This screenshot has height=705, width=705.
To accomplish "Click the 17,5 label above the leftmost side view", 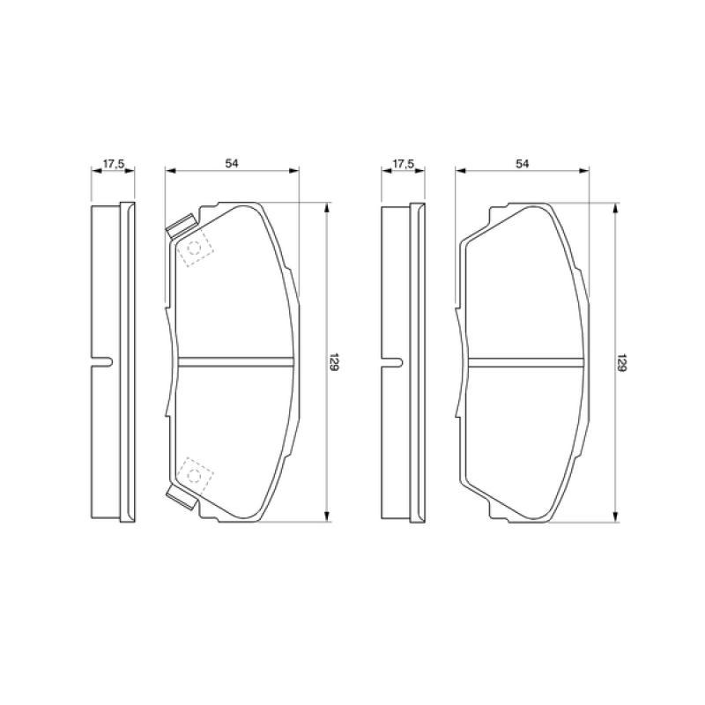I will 114,164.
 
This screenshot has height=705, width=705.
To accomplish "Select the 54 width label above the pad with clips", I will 232,164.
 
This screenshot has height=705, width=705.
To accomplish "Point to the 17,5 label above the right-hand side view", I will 403,164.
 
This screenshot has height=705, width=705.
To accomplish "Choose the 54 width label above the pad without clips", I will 522,164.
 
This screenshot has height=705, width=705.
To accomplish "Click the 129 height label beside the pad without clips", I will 623,362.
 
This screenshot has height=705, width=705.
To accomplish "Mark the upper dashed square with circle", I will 195,249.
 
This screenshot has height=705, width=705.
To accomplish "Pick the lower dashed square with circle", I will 195,474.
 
